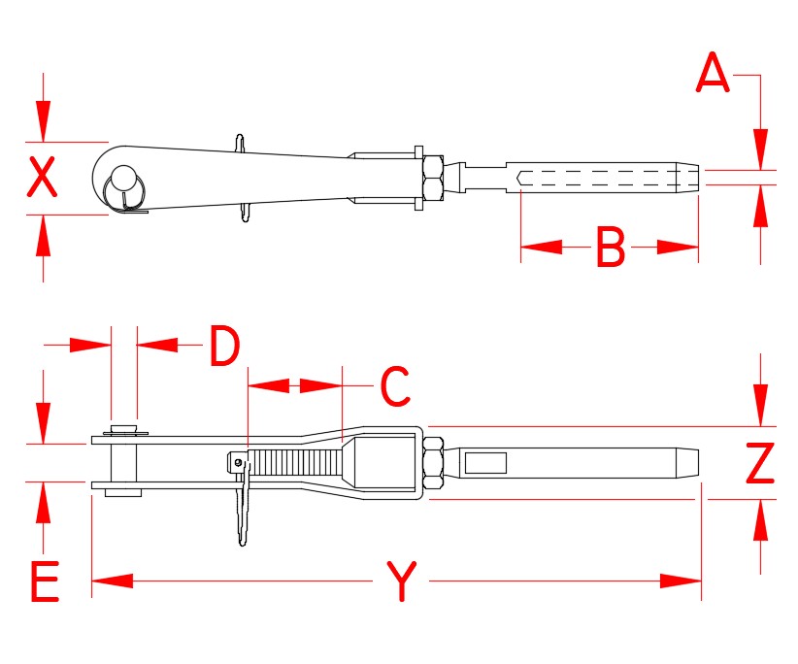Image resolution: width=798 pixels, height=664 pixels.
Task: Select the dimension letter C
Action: click(x=395, y=386)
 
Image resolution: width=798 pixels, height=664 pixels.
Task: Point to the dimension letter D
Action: click(x=224, y=347)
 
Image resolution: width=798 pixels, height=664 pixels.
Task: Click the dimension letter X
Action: click(x=41, y=178)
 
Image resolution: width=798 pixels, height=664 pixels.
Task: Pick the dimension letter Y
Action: click(x=400, y=581)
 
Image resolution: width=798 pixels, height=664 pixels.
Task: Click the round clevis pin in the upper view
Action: click(x=123, y=180)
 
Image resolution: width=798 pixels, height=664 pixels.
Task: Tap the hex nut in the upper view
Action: click(x=433, y=179)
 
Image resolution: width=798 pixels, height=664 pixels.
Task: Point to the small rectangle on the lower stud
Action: click(x=485, y=463)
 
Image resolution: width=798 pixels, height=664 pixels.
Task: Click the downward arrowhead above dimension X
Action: click(x=42, y=122)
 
